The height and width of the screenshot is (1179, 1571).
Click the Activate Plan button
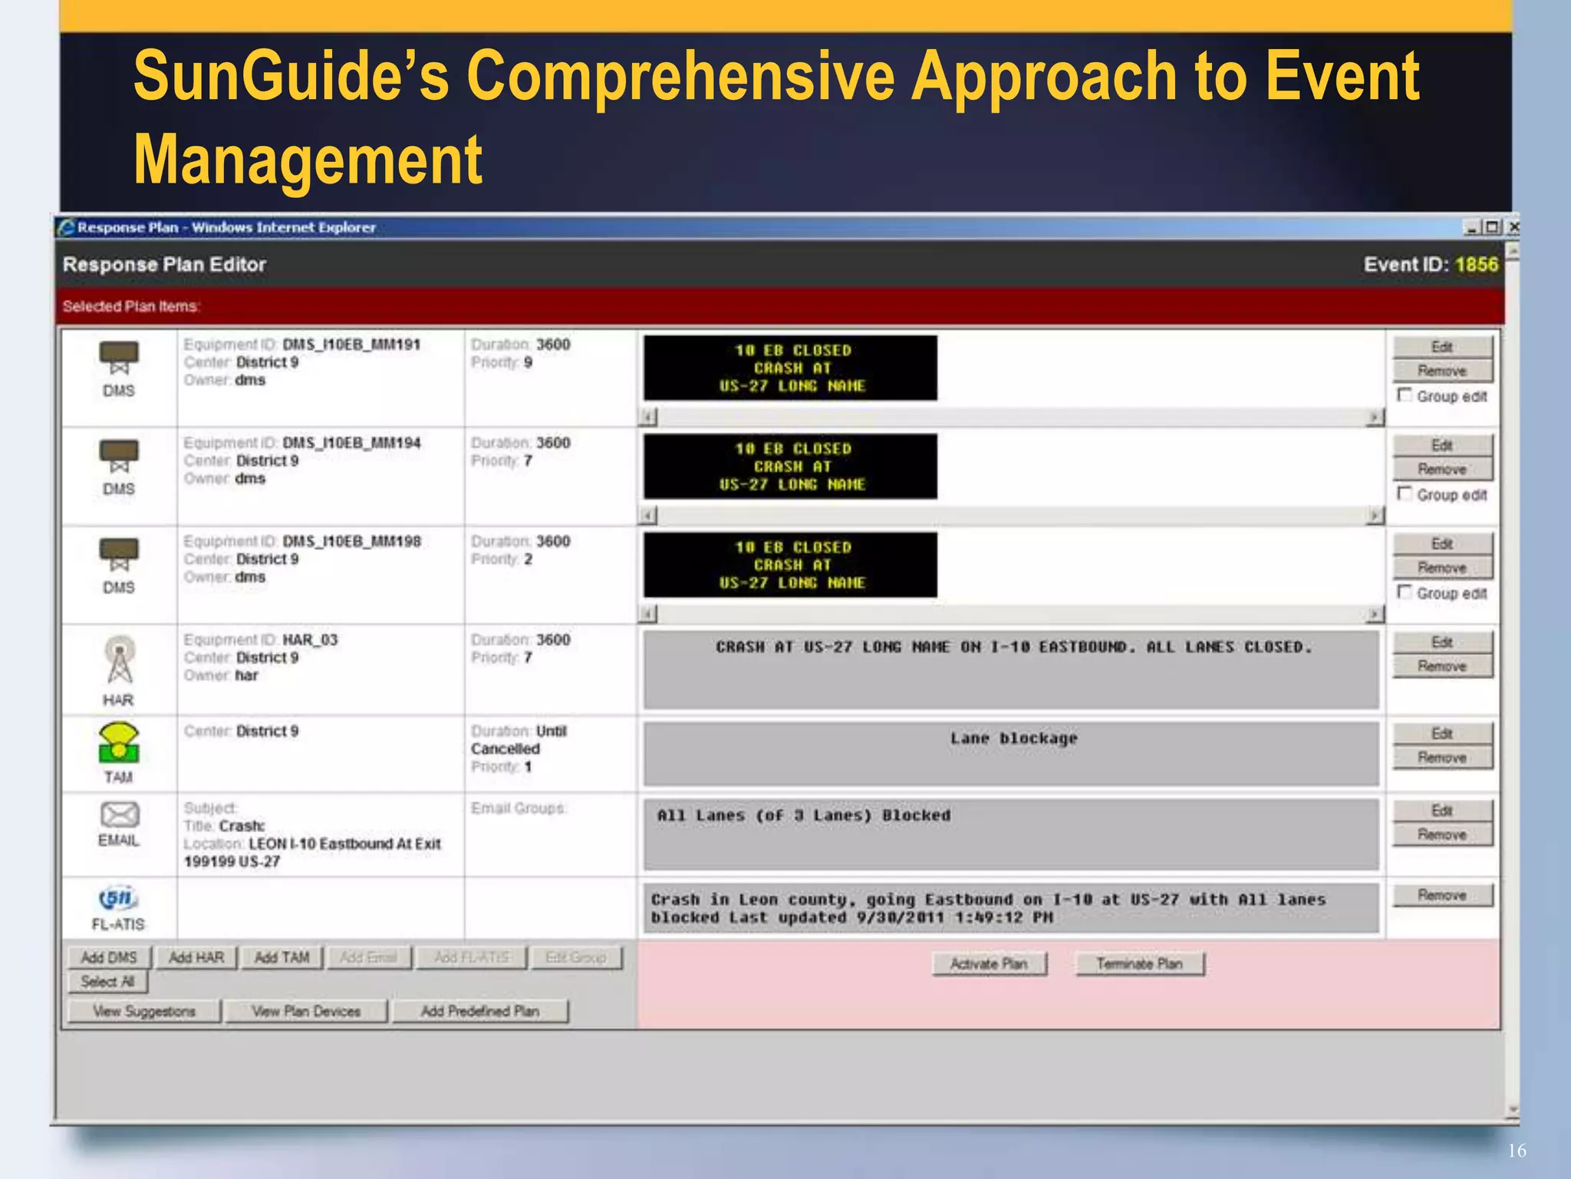pyautogui.click(x=989, y=964)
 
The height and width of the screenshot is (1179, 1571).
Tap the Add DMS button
pyautogui.click(x=109, y=958)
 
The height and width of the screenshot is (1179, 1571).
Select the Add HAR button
pyautogui.click(x=196, y=958)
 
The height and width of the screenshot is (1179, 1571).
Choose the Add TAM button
pyautogui.click(x=282, y=958)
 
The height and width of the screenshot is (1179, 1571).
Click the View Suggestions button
pyautogui.click(x=144, y=1012)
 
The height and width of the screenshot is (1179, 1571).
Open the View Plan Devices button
pyautogui.click(x=306, y=1012)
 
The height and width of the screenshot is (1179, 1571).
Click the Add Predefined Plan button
pyautogui.click(x=480, y=1012)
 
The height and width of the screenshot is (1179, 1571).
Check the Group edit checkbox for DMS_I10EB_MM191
pyautogui.click(x=1405, y=395)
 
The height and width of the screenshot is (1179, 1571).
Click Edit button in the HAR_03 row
pyautogui.click(x=1442, y=642)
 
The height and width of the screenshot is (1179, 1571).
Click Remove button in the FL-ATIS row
pyautogui.click(x=1442, y=896)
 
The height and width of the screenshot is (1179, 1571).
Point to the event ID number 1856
pyautogui.click(x=1477, y=265)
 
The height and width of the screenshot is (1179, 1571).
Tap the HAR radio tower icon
pyautogui.click(x=119, y=659)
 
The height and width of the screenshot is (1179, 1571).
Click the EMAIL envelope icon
pyautogui.click(x=119, y=814)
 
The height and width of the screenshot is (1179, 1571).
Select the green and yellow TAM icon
pyautogui.click(x=119, y=743)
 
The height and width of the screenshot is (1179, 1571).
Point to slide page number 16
pyautogui.click(x=1517, y=1151)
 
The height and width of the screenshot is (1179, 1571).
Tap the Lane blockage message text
pyautogui.click(x=1013, y=738)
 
